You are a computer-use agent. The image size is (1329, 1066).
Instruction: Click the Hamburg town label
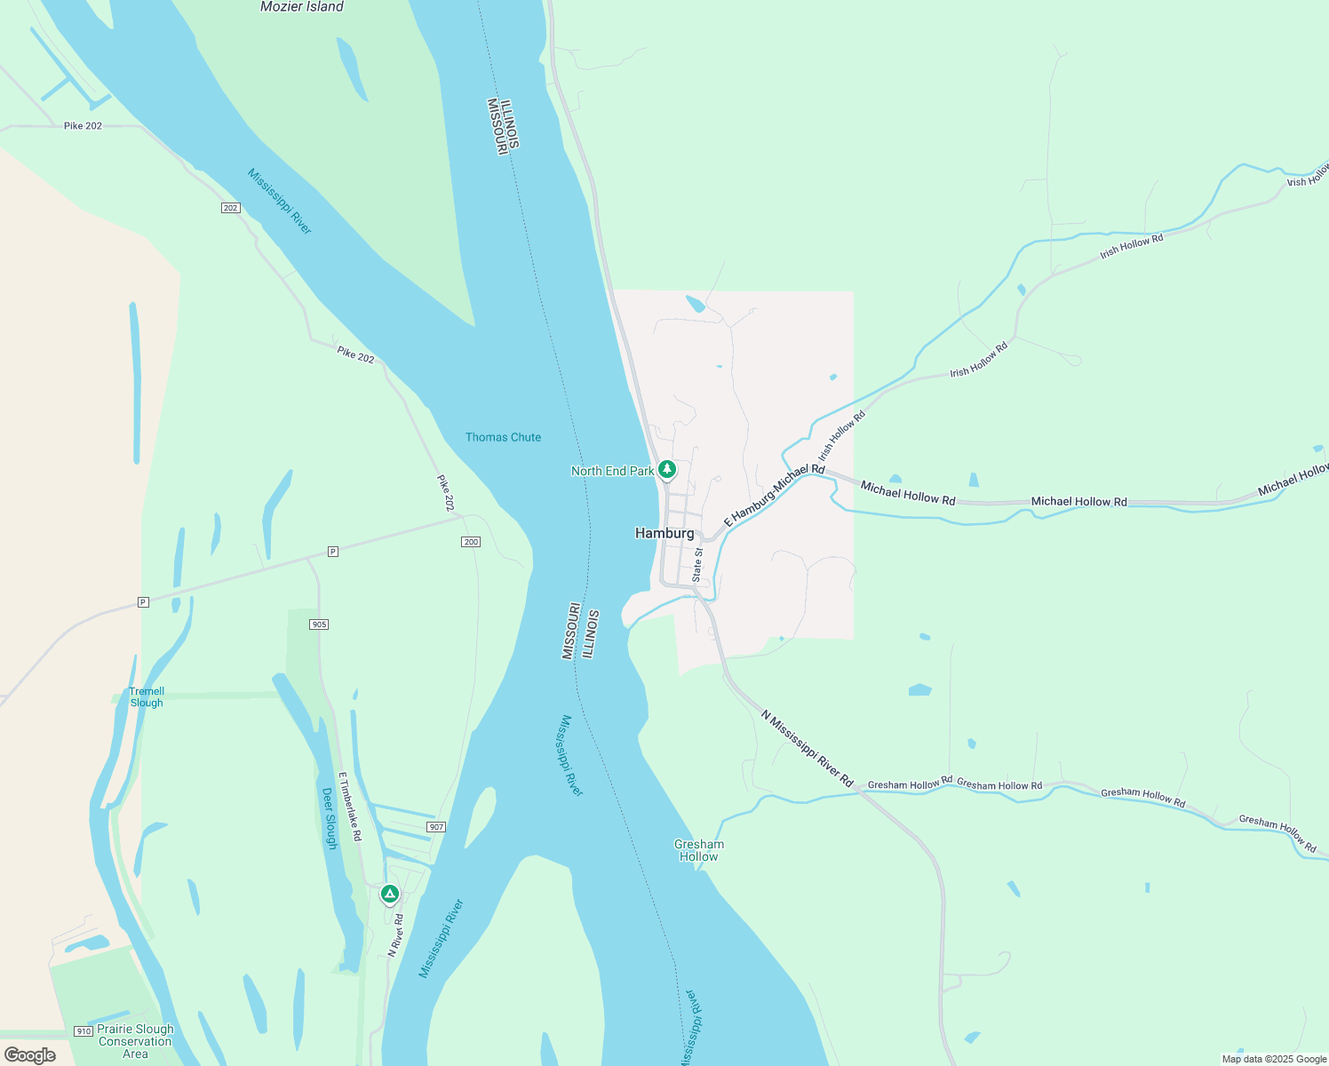664,533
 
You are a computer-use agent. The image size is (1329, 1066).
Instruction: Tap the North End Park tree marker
667,469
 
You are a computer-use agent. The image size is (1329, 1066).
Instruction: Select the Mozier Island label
301,7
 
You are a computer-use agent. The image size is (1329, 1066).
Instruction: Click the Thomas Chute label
503,437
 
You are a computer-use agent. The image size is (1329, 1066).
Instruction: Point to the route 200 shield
471,542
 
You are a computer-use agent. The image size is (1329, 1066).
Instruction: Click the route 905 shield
320,624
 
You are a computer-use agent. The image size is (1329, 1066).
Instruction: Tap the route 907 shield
435,827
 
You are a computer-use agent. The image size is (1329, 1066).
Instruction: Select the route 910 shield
84,1031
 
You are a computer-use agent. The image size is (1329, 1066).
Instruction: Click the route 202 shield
231,208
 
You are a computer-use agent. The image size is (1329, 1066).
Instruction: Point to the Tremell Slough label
147,697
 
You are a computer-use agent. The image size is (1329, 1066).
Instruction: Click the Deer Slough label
330,818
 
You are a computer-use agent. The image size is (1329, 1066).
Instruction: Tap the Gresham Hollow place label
699,850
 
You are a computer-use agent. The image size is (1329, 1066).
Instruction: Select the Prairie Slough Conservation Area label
135,1041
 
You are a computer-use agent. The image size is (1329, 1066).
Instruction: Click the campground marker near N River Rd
389,893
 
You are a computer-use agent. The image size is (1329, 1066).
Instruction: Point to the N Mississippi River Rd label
807,748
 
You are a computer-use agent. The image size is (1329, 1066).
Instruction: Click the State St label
697,565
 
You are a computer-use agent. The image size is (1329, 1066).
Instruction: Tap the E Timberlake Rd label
350,807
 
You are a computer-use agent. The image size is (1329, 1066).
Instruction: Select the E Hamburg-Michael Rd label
775,495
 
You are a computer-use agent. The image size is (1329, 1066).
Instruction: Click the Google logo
29,1055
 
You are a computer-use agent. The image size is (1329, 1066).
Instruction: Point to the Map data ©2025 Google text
1274,1059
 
